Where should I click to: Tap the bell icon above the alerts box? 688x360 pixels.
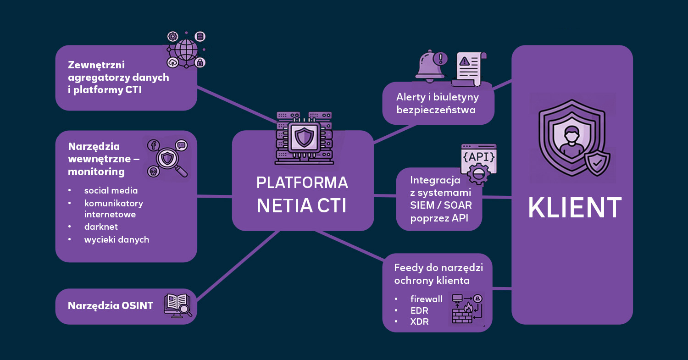click(431, 65)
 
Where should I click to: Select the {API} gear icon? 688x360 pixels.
click(478, 164)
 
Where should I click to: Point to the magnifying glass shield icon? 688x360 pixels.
click(168, 158)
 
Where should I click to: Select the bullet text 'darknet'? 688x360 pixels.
click(101, 227)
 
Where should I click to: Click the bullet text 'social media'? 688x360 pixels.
click(111, 190)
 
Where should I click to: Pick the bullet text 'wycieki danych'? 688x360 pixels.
click(117, 239)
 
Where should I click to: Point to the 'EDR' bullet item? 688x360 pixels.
click(419, 310)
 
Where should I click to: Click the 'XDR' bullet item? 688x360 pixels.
click(420, 322)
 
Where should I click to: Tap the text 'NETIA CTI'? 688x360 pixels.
click(302, 205)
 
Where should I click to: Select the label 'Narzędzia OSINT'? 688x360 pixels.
click(111, 306)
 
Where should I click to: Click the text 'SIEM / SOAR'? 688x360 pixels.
click(441, 205)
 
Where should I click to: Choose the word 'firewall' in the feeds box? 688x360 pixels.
click(427, 299)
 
